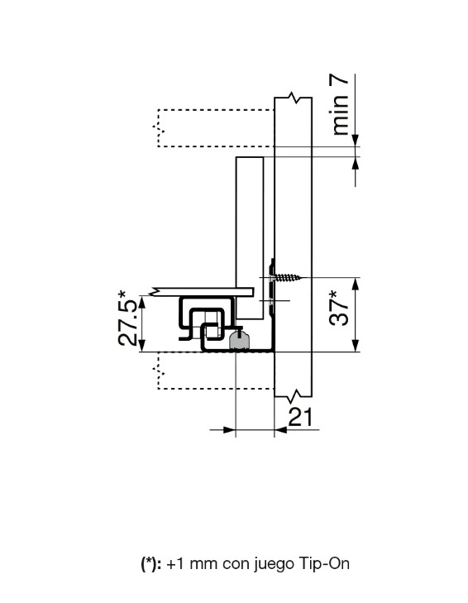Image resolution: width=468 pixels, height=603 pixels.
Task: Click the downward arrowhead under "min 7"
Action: tap(356, 142)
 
